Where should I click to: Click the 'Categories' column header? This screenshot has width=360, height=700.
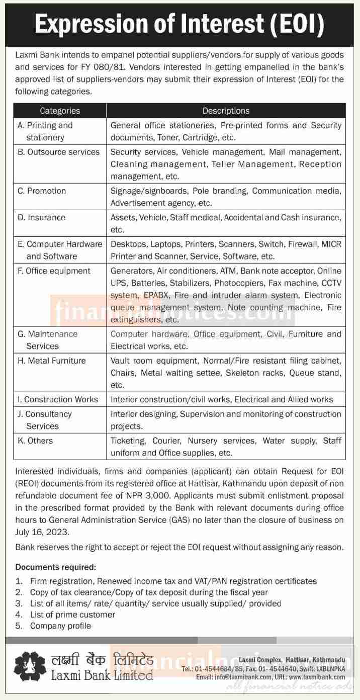(x=60, y=111)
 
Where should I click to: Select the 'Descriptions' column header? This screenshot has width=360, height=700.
(x=226, y=111)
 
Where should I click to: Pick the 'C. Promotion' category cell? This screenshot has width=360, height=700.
(x=42, y=191)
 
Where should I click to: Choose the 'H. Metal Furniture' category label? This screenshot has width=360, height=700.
(x=52, y=361)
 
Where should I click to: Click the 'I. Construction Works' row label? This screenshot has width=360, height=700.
(x=58, y=399)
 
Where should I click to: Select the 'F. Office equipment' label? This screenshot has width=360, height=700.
(x=54, y=271)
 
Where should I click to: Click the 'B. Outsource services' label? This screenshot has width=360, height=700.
(x=59, y=152)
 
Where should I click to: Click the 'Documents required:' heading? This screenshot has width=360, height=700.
(x=55, y=567)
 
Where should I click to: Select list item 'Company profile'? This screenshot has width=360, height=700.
(x=60, y=626)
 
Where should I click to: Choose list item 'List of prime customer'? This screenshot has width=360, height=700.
(x=72, y=615)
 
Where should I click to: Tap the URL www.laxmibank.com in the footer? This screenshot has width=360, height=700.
(x=318, y=677)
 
